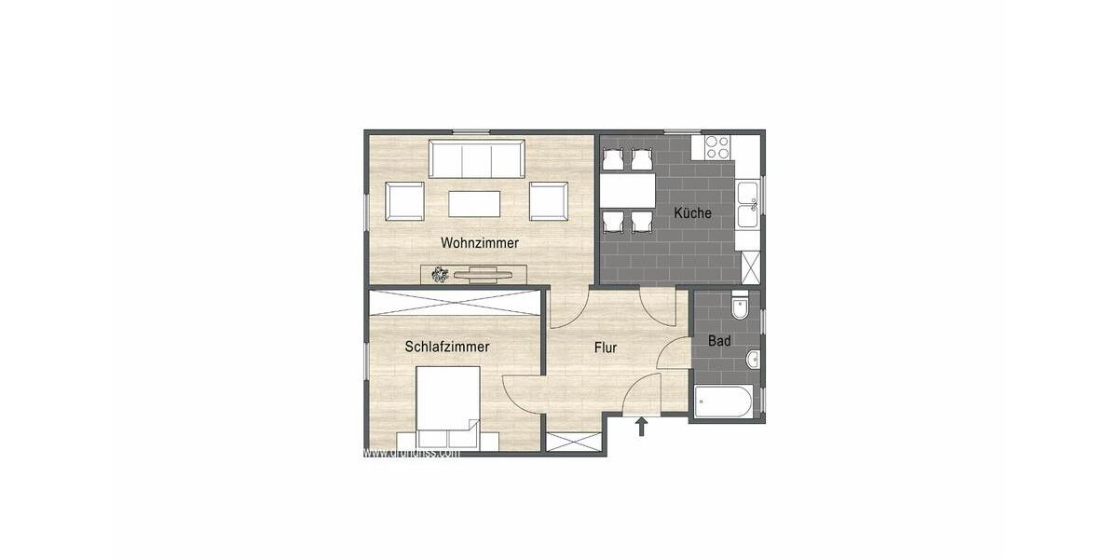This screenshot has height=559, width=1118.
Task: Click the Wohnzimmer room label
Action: coord(480,242)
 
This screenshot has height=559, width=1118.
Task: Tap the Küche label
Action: coord(692,212)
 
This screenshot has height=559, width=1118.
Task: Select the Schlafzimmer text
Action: coord(447,347)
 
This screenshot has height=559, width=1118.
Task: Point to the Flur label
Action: coord(606,348)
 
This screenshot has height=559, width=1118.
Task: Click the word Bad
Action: coord(719,341)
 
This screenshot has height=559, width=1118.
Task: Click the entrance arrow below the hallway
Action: coord(641,427)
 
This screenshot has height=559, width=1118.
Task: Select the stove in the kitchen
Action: coord(717,147)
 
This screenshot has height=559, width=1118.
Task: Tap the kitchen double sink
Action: coord(747,206)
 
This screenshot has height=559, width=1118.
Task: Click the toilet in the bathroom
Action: coord(742,306)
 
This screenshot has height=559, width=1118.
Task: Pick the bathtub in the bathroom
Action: coord(723,402)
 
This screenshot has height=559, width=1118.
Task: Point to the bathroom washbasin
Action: coord(751,360)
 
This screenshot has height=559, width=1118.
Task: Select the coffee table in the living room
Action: coord(474,203)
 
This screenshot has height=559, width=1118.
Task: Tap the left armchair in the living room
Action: coord(405,200)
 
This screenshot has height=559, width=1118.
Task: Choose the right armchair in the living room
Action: coord(548,200)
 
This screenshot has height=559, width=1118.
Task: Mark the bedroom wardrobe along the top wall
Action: coord(454,302)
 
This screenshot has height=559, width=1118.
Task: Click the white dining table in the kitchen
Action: coord(628,191)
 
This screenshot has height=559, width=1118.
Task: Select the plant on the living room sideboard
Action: coord(440,274)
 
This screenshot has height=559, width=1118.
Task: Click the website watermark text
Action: coord(411,453)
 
